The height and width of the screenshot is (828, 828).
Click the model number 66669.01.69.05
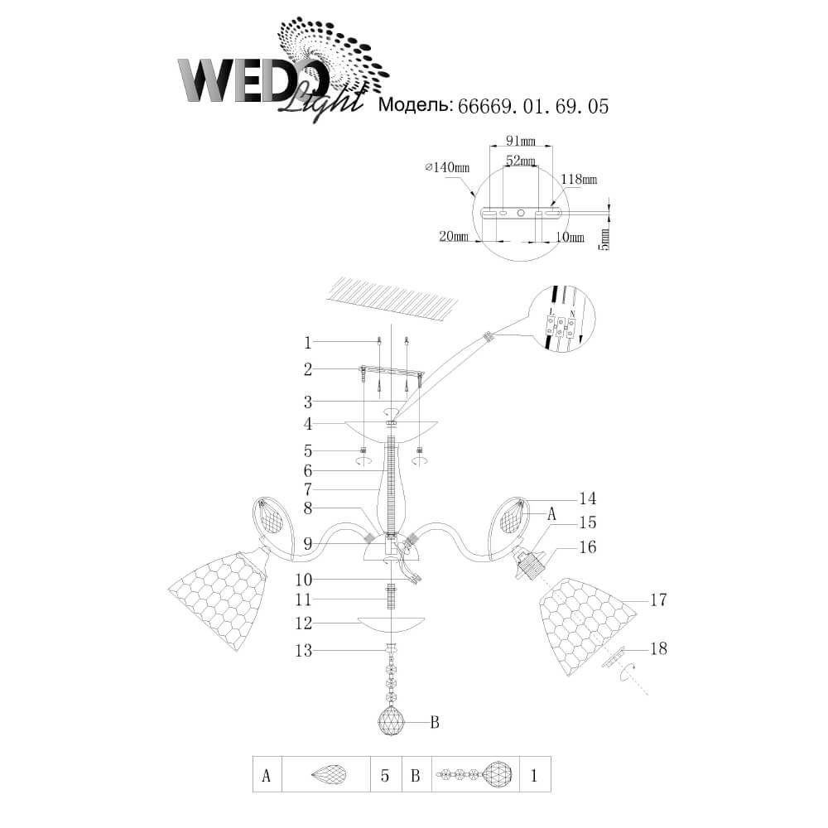pyautogui.click(x=532, y=106)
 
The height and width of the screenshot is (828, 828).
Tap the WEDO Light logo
pyautogui.click(x=282, y=71)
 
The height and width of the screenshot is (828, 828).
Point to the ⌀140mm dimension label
pyautogui.click(x=447, y=167)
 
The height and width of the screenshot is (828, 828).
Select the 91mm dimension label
pyautogui.click(x=521, y=141)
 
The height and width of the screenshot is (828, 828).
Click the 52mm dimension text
pyautogui.click(x=521, y=160)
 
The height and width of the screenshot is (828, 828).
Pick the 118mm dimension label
pyautogui.click(x=580, y=180)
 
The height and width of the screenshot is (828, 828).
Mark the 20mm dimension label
pyautogui.click(x=454, y=236)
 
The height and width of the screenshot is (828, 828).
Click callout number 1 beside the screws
pyautogui.click(x=308, y=343)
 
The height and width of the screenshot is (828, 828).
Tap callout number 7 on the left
pyautogui.click(x=308, y=489)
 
